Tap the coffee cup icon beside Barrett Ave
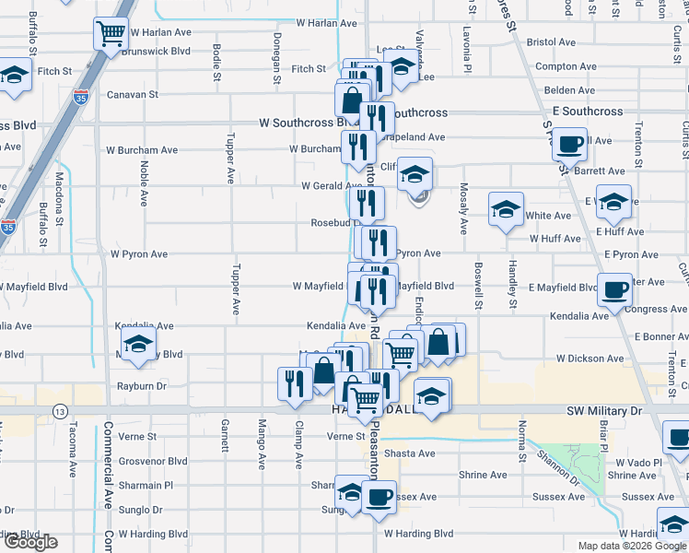tap(570, 145)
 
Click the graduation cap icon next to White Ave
tap(506, 209)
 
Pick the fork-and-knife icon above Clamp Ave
tap(295, 382)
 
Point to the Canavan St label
tap(133, 94)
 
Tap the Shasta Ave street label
tap(410, 453)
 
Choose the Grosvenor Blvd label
tap(152, 461)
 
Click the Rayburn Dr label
tap(141, 386)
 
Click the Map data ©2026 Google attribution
tap(630, 546)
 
